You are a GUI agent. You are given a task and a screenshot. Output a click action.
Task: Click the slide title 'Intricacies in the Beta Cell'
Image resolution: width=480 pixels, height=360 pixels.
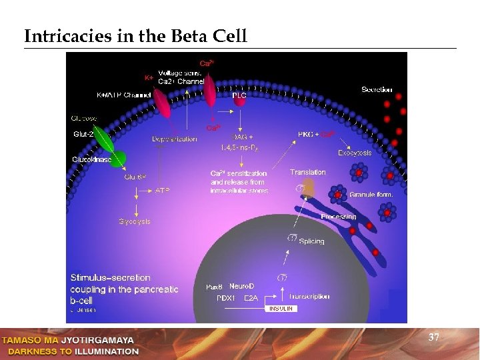tap(135, 36)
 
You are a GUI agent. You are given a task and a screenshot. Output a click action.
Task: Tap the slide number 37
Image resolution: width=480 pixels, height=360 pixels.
tap(433, 338)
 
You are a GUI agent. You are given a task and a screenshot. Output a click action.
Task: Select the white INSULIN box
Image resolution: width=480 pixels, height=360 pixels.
tap(281, 309)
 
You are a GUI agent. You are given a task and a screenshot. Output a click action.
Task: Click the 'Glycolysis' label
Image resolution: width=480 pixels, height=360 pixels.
tap(135, 221)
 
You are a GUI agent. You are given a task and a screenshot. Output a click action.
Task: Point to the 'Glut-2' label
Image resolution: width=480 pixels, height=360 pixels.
tap(83, 135)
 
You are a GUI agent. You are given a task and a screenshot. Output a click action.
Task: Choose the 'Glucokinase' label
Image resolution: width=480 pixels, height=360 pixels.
tap(92, 160)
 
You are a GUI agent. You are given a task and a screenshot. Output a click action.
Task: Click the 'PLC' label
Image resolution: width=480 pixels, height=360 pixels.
tap(239, 95)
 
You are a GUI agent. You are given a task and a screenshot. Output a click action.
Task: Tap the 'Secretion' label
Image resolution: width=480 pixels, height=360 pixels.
tap(377, 89)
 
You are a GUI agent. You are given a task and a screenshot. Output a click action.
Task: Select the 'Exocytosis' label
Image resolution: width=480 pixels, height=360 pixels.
tap(355, 153)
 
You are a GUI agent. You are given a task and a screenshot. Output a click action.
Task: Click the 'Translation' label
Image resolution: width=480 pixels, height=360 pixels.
tap(308, 172)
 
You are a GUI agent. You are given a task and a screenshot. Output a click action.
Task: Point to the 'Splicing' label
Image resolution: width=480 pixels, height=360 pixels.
tap(312, 241)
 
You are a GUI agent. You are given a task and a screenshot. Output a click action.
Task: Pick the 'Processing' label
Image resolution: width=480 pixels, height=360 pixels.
tap(339, 217)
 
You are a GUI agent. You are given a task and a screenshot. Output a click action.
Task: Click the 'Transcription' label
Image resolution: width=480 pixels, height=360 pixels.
tap(309, 296)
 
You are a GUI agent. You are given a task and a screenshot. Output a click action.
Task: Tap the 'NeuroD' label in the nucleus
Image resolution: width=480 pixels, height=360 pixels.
tap(242, 286)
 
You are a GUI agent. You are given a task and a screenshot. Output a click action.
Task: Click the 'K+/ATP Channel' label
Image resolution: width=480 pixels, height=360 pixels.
tap(124, 95)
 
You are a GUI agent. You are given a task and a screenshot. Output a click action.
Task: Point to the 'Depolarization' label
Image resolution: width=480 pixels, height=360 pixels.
tap(174, 139)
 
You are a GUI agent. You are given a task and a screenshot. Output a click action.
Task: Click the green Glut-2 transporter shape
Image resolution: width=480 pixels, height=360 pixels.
tap(109, 145)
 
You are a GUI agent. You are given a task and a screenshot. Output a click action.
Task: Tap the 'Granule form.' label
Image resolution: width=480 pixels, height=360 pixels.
tap(372, 194)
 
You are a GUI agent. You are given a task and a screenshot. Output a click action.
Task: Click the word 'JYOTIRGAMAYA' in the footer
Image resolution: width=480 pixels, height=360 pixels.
tap(97, 341)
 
